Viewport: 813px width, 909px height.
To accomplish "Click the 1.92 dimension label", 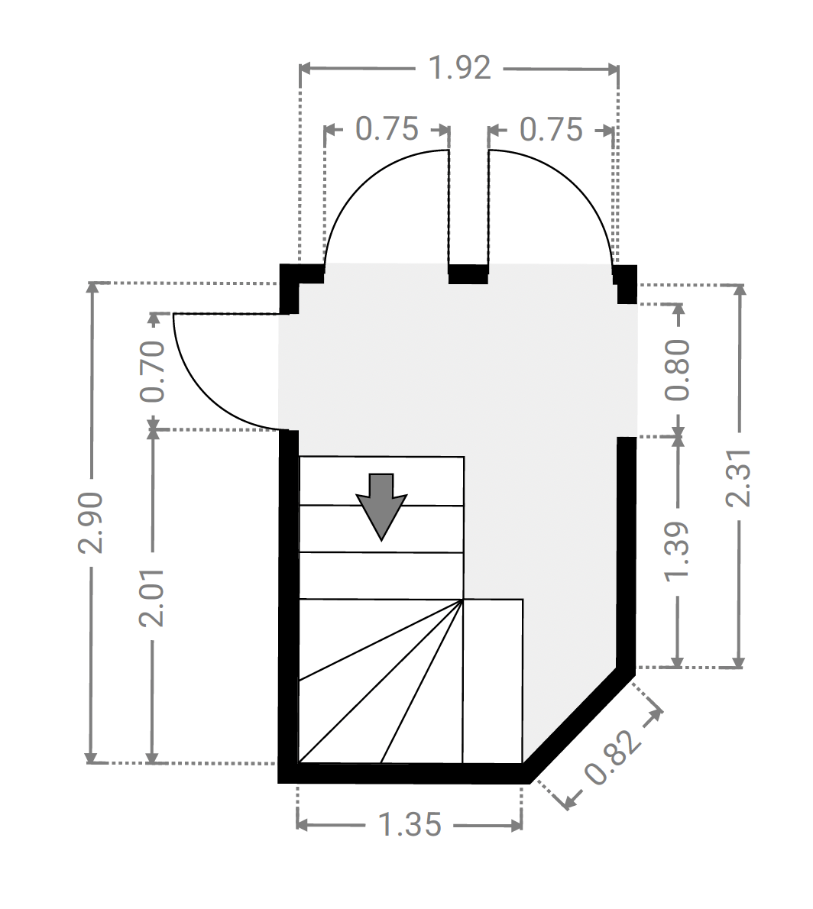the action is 459,68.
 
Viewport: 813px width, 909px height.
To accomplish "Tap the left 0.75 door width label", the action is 387,128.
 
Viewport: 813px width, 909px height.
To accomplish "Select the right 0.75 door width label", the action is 551,129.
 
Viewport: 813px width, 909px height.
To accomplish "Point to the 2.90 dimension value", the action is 91,522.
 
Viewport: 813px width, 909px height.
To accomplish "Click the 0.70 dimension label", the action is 153,371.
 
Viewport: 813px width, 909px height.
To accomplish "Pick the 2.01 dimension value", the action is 153,597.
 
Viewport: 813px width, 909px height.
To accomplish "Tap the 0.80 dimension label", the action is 677,370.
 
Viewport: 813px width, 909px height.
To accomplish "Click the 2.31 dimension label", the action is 739,477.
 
